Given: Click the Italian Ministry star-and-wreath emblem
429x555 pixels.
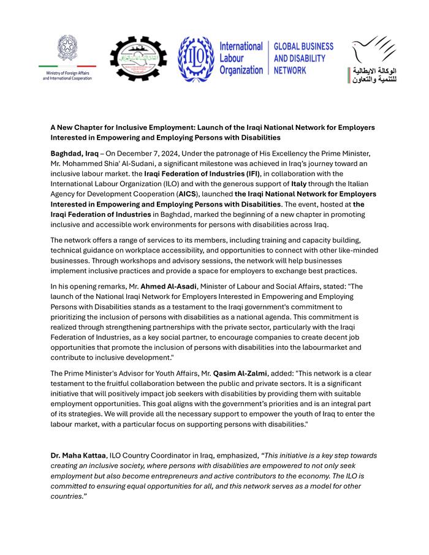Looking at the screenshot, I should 67,48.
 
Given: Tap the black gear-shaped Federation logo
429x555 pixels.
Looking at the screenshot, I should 138,59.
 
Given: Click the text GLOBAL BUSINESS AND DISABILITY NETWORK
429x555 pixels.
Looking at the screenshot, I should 303,58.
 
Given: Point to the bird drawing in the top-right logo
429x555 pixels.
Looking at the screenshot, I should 372,49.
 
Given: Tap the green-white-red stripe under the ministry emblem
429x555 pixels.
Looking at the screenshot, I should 67,66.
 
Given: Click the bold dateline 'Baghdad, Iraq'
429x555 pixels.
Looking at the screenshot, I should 74,153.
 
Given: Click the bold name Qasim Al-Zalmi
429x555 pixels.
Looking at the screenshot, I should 240,373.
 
